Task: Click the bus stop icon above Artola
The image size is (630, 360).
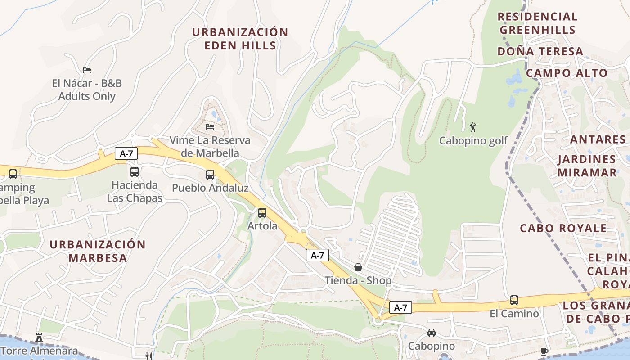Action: pos(262,213)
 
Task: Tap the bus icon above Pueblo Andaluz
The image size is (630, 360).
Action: pos(210,175)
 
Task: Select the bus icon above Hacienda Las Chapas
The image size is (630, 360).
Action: pos(134,171)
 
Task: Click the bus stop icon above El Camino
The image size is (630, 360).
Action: pos(514,300)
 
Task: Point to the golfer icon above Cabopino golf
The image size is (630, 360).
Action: pos(472,127)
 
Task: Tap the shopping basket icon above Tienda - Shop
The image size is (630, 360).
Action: pos(358,267)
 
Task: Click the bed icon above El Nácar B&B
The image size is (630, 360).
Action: pos(87,70)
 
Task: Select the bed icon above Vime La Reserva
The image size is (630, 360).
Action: pos(210,126)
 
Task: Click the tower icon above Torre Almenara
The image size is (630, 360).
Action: pos(39,337)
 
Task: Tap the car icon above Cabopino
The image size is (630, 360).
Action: pos(431,333)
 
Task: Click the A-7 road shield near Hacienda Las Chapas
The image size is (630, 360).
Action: pos(126,153)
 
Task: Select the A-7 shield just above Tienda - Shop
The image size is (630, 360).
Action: pos(317,255)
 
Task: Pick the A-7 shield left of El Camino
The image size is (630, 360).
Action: pos(400,307)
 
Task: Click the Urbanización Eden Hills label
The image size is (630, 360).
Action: pos(240,39)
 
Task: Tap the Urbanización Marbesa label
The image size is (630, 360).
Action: pos(98,251)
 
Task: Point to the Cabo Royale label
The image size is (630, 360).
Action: pos(563,228)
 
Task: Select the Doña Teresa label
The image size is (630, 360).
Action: pos(540,51)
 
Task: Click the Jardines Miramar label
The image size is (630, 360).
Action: pos(587,166)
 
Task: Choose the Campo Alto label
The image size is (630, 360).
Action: pos(566,73)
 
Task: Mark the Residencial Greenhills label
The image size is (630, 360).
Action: pos(537,23)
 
